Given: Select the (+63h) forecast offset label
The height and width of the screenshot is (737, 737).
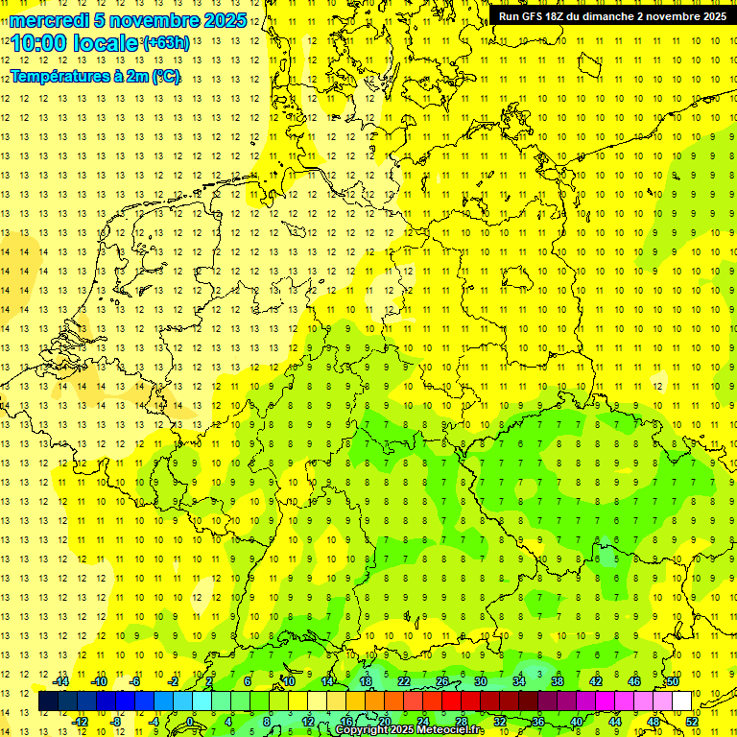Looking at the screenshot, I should [x=166, y=43].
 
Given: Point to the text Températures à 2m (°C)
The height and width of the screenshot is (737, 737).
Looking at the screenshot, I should [x=95, y=77].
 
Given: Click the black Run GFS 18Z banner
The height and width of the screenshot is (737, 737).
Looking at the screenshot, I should [x=611, y=15].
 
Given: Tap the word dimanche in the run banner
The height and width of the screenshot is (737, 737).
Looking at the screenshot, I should [x=613, y=15].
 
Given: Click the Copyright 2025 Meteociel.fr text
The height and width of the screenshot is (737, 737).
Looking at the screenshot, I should [x=422, y=730].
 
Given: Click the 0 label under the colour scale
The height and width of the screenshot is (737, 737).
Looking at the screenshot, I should [x=191, y=721].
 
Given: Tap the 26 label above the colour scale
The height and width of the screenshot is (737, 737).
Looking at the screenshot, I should [x=442, y=681].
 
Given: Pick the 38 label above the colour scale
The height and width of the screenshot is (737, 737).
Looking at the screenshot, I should [x=558, y=681].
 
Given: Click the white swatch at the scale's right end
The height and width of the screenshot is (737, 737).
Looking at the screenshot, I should [x=681, y=701].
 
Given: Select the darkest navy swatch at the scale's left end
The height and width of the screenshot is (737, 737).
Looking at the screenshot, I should [x=49, y=701].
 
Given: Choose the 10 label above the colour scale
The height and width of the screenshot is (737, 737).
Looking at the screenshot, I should [x=289, y=681].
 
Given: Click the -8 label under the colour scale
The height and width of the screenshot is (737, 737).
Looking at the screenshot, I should [x=116, y=721].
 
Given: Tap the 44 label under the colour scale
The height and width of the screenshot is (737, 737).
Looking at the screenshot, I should [x=615, y=721].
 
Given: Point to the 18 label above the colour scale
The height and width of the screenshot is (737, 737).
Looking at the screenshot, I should [x=366, y=681].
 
